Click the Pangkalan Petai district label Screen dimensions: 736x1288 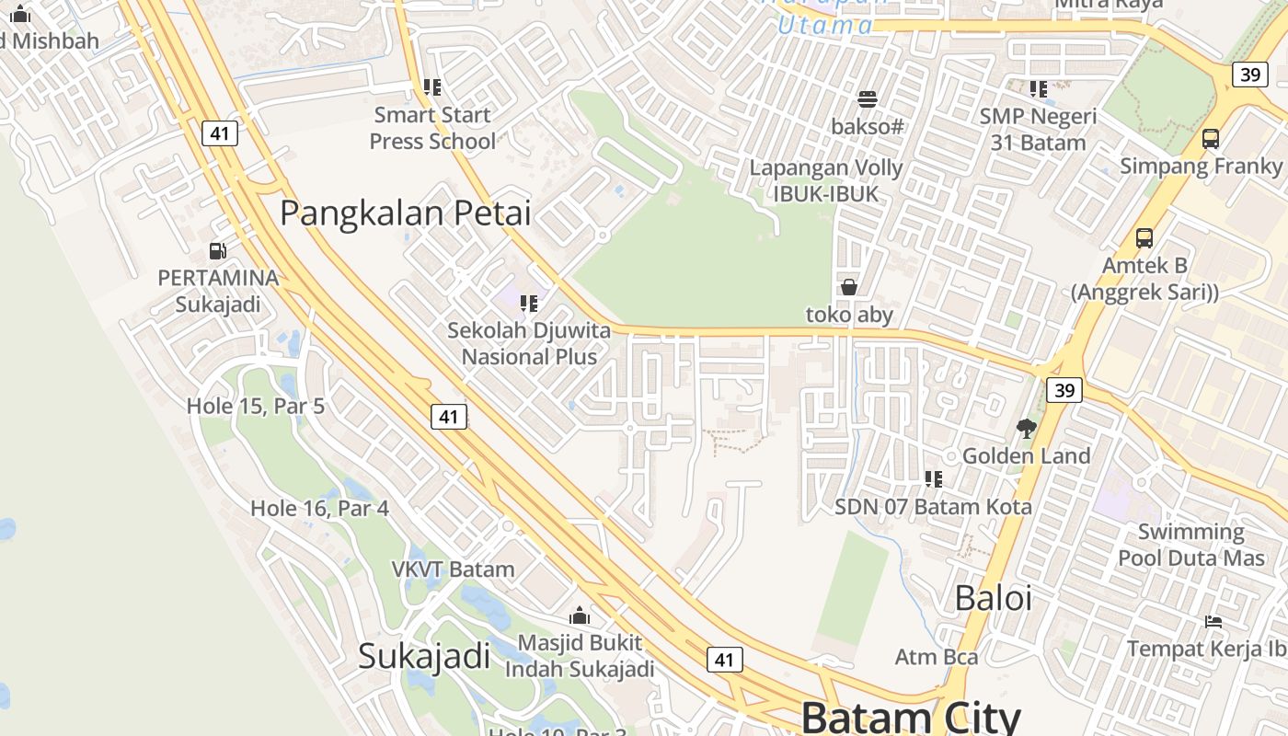coord(406,213)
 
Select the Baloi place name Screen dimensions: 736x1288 coord(993,598)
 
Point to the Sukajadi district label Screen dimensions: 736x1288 coord(424,656)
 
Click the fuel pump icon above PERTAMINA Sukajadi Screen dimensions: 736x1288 coord(218,250)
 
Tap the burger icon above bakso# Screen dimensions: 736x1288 coord(867,98)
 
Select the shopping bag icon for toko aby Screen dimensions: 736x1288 coord(849,287)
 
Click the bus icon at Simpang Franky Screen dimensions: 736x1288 coord(1211,139)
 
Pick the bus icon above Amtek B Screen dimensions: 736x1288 coord(1144,238)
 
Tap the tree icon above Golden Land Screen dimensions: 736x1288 coord(1026,428)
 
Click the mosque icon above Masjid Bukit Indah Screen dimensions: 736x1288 coord(580,615)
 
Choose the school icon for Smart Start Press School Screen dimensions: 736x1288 coord(431,87)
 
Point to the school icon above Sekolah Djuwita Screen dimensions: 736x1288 coord(528,303)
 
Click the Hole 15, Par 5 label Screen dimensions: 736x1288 coord(256,406)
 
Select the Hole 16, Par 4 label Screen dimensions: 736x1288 coord(319,508)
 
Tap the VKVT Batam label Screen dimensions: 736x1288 coord(453,569)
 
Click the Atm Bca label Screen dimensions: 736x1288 coord(936,657)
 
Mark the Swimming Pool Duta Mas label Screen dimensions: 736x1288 coord(1190,545)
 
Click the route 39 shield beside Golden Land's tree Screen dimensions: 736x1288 coord(1064,390)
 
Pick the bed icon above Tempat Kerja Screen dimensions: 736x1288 coord(1213,621)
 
